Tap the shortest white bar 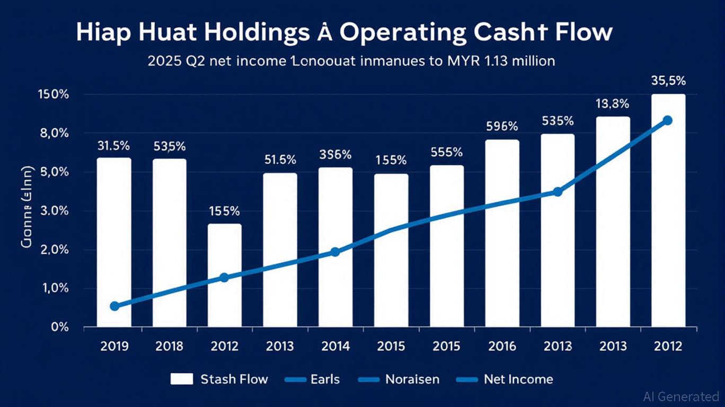click(x=225, y=275)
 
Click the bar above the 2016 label click(x=502, y=233)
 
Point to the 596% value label click(x=502, y=127)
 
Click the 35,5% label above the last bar click(x=668, y=81)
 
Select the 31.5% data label click(x=114, y=145)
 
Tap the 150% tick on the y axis click(x=54, y=95)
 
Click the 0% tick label click(x=59, y=327)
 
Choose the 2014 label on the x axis click(x=335, y=347)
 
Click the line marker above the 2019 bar click(x=114, y=306)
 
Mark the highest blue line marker click(x=667, y=120)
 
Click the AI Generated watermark click(x=680, y=396)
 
